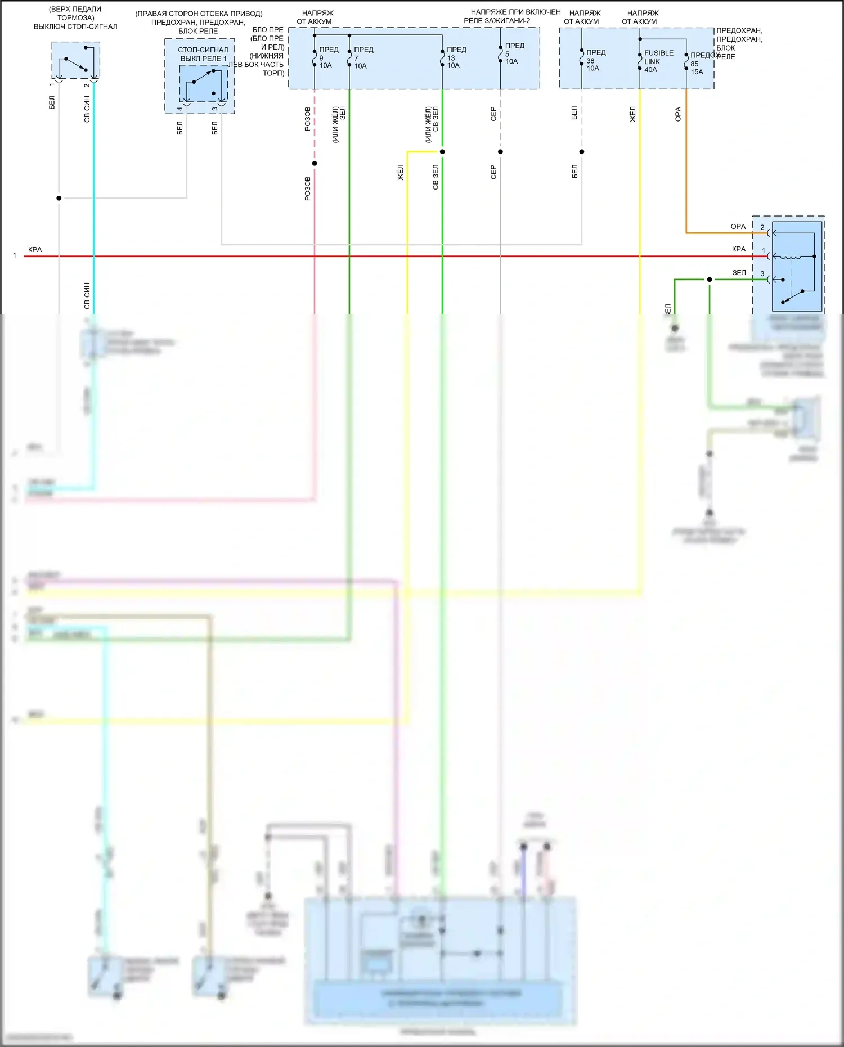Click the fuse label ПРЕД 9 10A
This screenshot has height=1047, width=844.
click(x=327, y=57)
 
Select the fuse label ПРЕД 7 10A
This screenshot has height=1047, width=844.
click(x=362, y=57)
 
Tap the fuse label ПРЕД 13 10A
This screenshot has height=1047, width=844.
click(x=455, y=57)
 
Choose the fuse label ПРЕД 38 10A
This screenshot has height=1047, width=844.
click(x=594, y=60)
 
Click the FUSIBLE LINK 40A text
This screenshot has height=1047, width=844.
click(x=657, y=61)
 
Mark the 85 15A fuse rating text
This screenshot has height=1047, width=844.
click(x=697, y=68)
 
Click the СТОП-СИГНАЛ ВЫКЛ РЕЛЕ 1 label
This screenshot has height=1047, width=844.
click(x=203, y=54)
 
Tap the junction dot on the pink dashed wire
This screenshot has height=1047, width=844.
click(x=315, y=164)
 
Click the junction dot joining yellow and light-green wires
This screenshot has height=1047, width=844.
click(x=442, y=152)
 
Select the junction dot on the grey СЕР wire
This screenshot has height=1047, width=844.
click(x=500, y=152)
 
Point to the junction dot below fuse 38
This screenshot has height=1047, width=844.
click(x=582, y=152)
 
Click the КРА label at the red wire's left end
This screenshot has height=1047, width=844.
click(x=35, y=250)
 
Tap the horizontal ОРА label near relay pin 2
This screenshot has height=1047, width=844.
click(x=738, y=227)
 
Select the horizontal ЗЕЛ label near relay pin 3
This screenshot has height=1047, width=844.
click(x=739, y=273)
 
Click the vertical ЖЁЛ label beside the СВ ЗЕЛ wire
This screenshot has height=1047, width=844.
click(x=401, y=173)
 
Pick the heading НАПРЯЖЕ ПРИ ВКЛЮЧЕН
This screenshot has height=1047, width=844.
click(x=515, y=12)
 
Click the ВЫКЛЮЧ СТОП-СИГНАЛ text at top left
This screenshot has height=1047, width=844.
click(x=75, y=26)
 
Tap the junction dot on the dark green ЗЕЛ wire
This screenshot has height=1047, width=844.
click(x=710, y=280)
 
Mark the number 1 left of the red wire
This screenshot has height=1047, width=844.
click(x=15, y=255)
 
